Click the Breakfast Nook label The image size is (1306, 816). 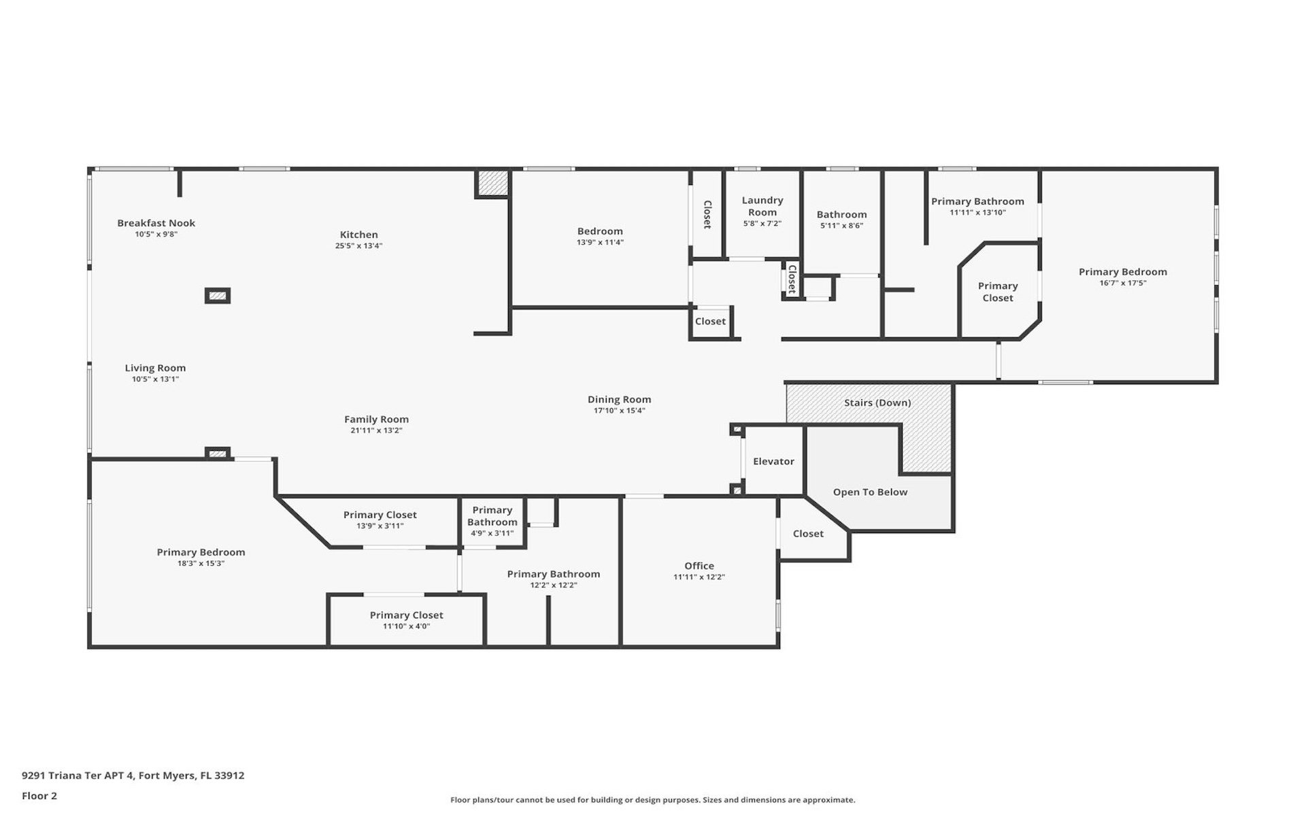156,223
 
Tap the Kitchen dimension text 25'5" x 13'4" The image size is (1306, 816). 358,246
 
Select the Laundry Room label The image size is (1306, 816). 763,206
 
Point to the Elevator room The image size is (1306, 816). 773,461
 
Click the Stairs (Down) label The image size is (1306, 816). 877,403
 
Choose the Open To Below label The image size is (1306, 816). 870,492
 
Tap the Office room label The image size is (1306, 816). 699,566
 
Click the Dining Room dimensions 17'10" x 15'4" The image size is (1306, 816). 619,411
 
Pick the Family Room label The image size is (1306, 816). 376,420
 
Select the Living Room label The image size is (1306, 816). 155,368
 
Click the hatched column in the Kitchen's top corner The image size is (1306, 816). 492,183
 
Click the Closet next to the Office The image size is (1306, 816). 808,534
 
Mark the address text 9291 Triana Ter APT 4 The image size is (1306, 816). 78,775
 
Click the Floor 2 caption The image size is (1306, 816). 39,796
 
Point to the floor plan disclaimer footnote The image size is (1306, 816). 652,800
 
